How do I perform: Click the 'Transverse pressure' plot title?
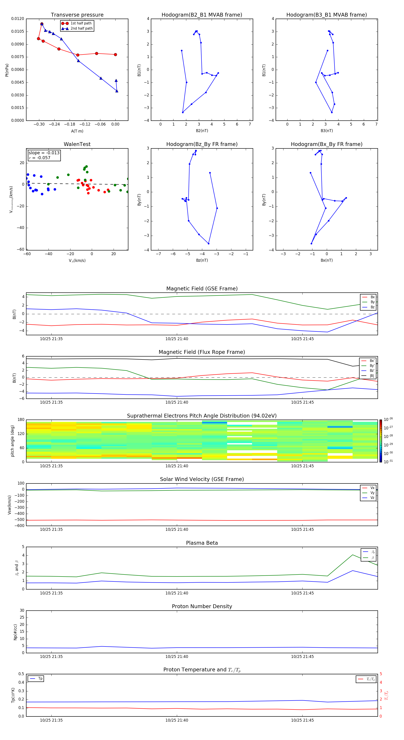pos(77,15)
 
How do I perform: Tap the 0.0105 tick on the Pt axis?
pos(18,31)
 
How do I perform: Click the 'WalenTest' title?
pos(77,144)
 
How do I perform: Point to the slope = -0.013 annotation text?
pos(44,153)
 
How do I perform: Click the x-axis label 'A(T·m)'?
pos(77,131)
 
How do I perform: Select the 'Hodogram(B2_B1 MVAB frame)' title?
pos(202,15)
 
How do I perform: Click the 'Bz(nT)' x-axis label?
pos(202,260)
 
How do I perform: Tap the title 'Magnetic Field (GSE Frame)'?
pos(202,289)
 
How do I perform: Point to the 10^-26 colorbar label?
pos(388,419)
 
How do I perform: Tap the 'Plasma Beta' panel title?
pos(202,543)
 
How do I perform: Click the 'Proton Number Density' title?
pos(202,606)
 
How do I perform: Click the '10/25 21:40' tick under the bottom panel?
pos(177,720)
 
